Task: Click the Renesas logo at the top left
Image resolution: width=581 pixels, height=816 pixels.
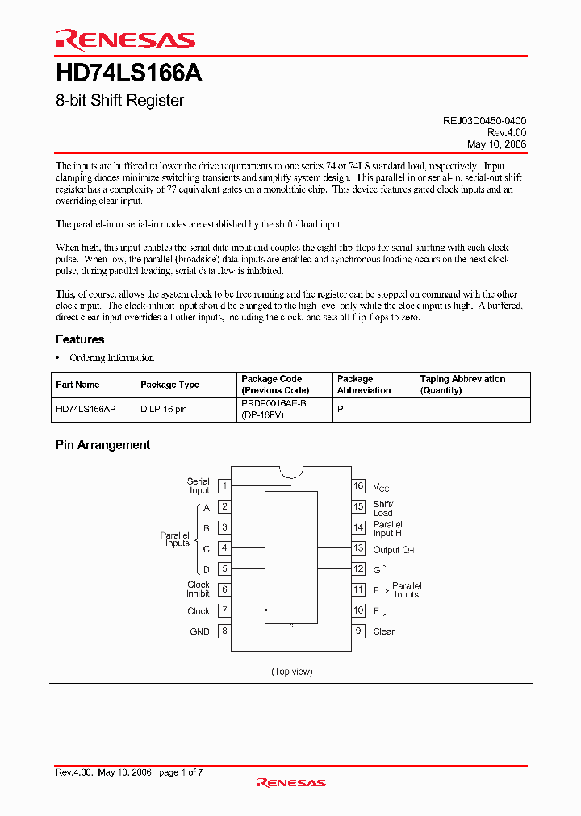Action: [125, 40]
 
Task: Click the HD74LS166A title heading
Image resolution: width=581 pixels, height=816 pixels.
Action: [128, 74]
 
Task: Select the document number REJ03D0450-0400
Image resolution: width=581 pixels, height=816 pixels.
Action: [484, 120]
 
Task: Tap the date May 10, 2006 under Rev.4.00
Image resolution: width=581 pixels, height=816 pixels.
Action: [496, 144]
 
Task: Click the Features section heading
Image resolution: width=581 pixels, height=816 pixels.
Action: [80, 339]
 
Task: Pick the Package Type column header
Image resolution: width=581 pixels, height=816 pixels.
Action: [169, 385]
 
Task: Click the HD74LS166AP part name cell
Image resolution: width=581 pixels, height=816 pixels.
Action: [86, 410]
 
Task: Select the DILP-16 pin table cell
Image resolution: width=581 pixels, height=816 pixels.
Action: [164, 410]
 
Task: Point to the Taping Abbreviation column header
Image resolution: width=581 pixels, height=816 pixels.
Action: [462, 385]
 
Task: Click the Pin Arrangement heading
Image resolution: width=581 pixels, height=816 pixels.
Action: [102, 444]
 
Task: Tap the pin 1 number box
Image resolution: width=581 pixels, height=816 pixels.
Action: [224, 485]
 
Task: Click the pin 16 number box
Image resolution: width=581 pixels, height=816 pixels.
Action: [358, 485]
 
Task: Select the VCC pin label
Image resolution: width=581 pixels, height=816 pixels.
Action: [381, 487]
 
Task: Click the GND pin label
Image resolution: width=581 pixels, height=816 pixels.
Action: [199, 631]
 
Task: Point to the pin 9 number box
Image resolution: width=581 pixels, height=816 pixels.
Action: [358, 631]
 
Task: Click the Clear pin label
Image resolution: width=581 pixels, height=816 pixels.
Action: [384, 631]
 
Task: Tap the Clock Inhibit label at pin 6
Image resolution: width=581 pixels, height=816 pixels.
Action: [199, 589]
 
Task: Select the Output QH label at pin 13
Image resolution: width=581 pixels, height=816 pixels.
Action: [393, 549]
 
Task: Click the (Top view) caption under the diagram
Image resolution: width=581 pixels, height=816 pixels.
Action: [291, 672]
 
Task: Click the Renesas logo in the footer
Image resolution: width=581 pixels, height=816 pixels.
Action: [290, 782]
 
